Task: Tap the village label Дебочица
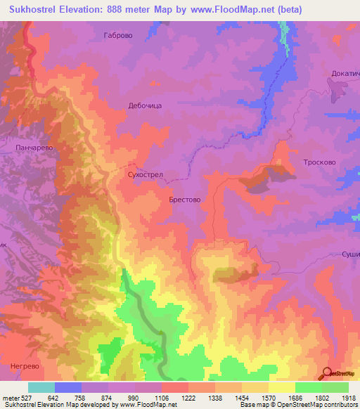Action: tap(145, 105)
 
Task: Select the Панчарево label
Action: tap(34, 148)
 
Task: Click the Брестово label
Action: tap(185, 200)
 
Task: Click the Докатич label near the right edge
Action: tap(345, 74)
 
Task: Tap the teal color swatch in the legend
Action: tap(41, 387)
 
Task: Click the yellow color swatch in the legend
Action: tap(281, 387)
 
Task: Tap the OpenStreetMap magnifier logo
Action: tap(328, 373)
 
